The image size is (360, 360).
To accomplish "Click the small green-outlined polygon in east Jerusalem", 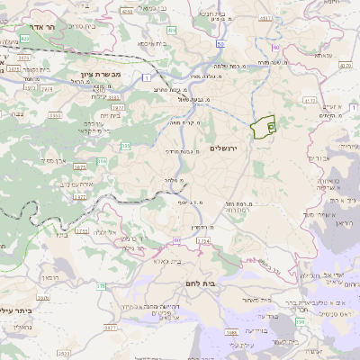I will pyautogui.click(x=263, y=128).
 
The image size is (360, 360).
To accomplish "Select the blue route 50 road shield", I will pyautogui.click(x=221, y=43).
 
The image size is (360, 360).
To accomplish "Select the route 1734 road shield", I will pyautogui.click(x=203, y=242).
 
